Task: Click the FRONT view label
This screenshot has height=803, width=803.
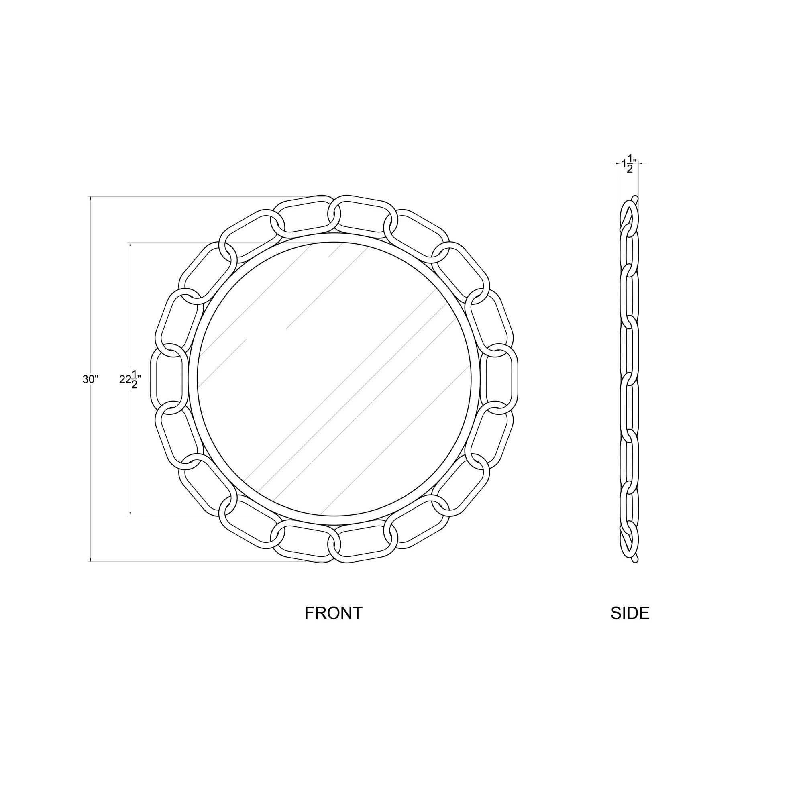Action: [x=333, y=613]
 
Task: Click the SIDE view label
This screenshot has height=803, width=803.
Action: [x=630, y=613]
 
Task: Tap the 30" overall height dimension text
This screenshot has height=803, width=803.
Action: [x=90, y=379]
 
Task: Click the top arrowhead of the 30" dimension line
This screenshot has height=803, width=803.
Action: [x=91, y=199]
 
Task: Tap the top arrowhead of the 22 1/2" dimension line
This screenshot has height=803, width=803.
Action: [x=130, y=245]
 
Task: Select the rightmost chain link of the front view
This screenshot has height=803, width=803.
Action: [x=502, y=379]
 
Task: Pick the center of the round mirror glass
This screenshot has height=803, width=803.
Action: [x=334, y=379]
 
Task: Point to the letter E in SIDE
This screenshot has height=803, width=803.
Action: [x=644, y=613]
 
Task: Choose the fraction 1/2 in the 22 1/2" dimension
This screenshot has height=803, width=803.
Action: [x=134, y=380]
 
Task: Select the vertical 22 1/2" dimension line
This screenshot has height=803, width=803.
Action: [x=130, y=312]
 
